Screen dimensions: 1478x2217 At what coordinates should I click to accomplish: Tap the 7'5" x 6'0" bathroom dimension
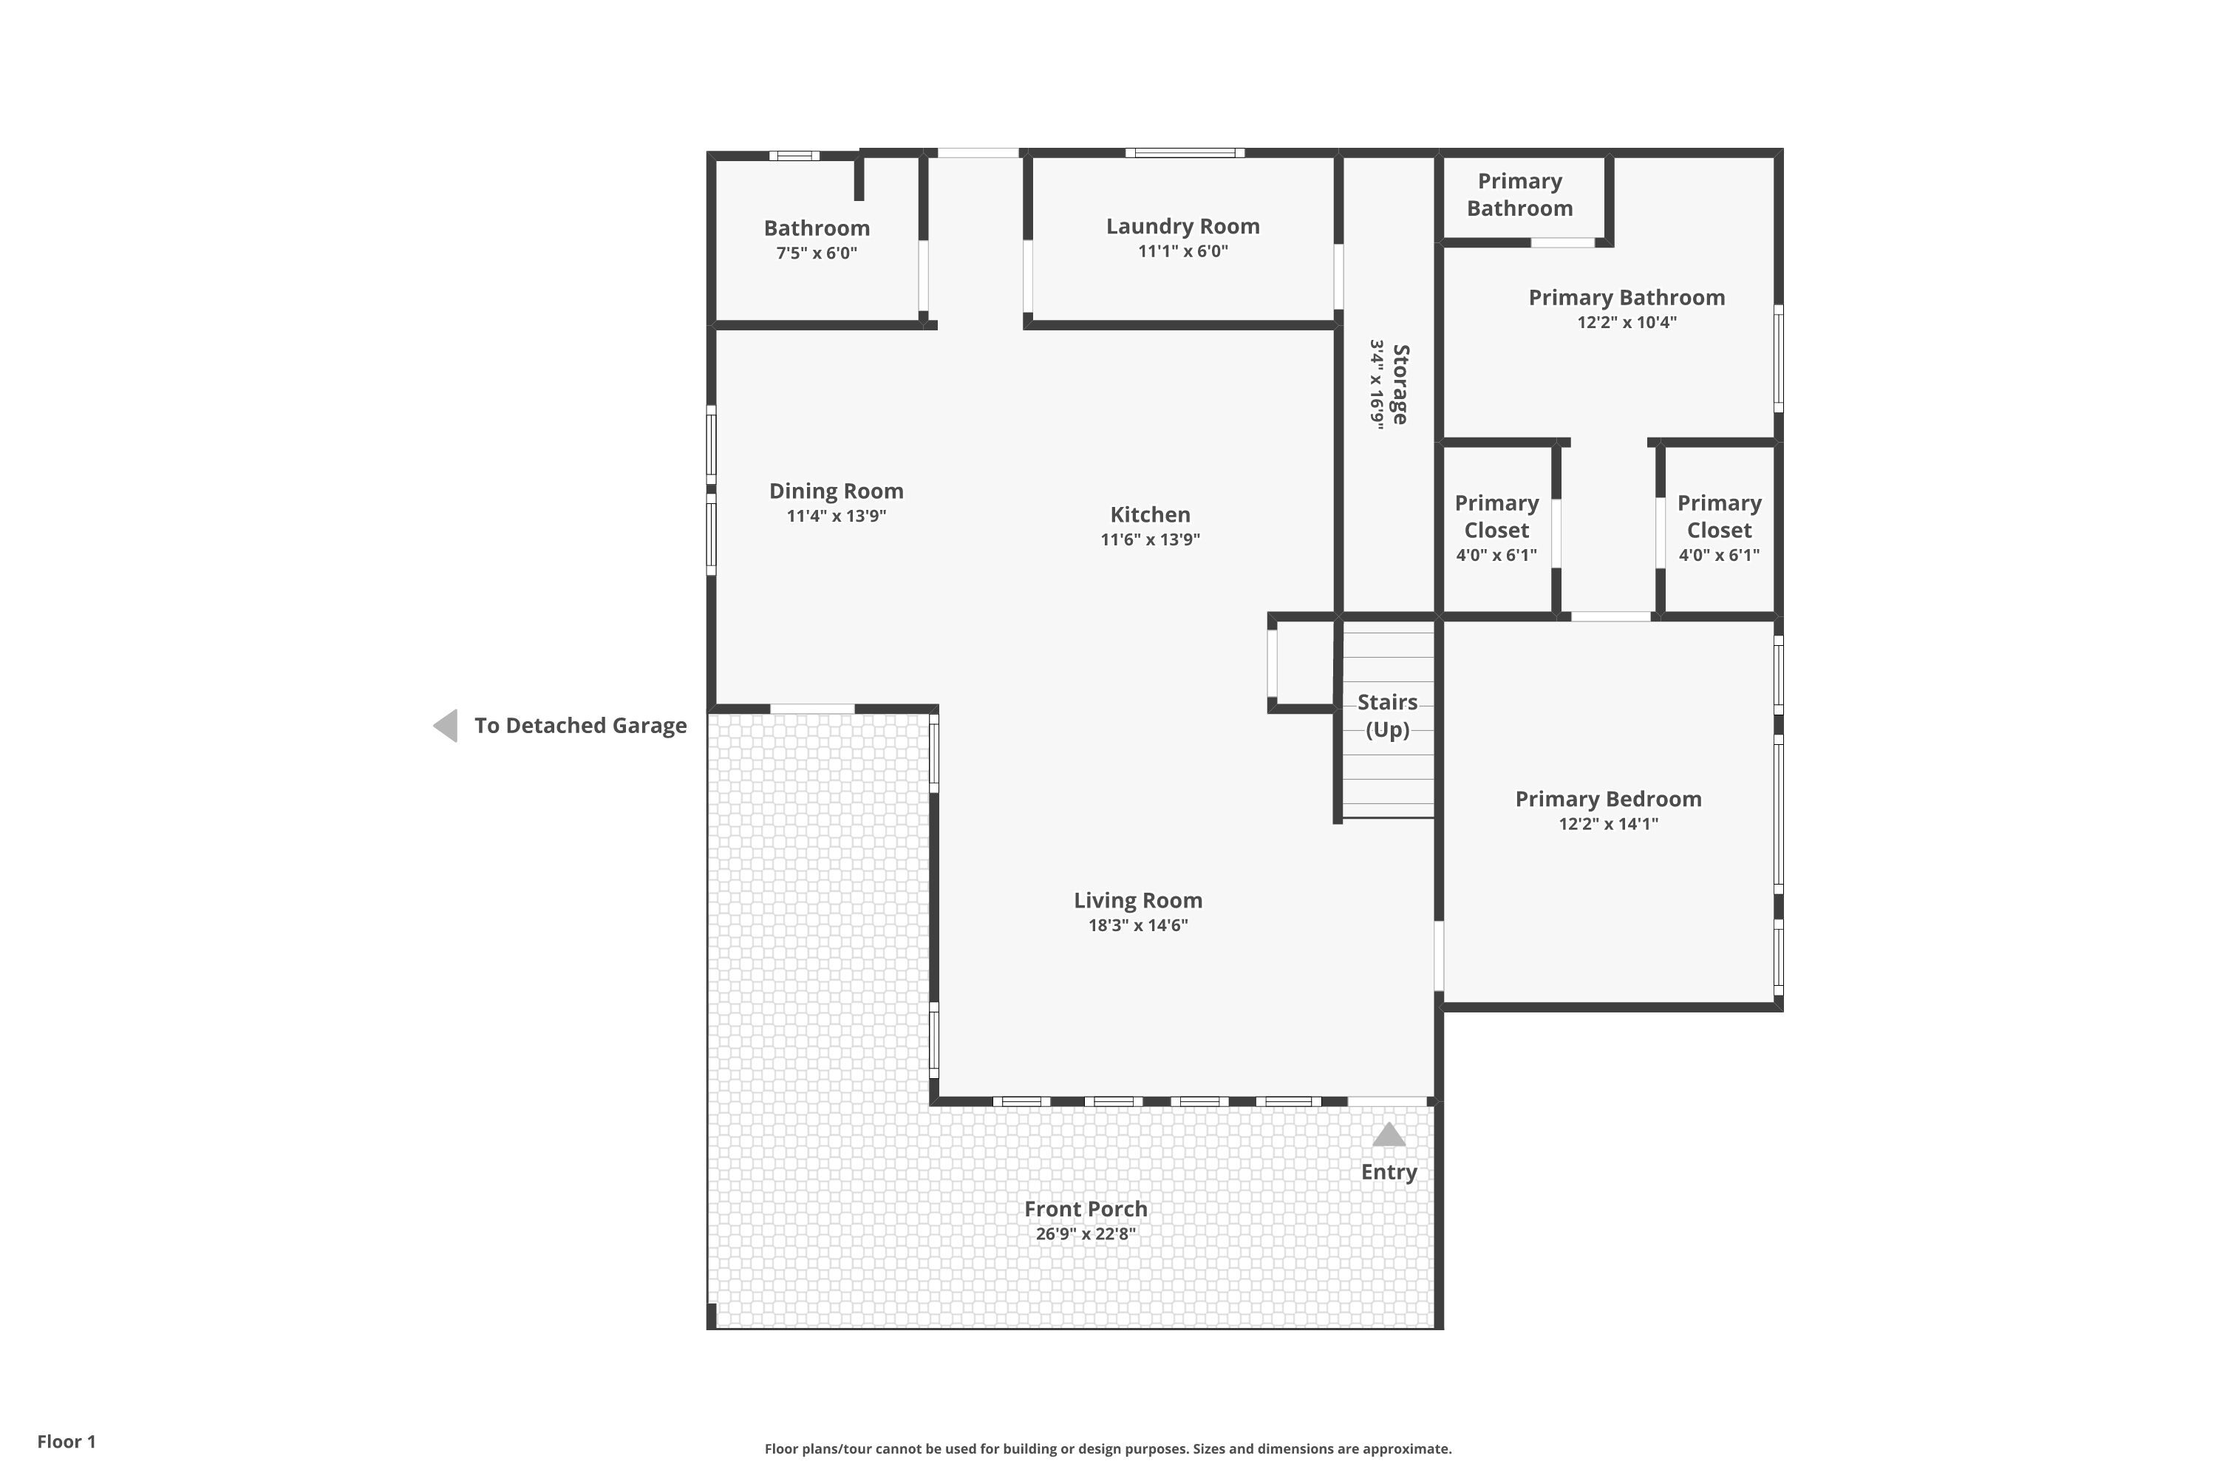click(x=817, y=253)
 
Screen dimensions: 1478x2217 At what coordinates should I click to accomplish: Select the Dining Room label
click(x=836, y=491)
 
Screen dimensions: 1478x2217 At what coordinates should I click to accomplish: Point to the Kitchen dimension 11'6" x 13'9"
click(x=1150, y=539)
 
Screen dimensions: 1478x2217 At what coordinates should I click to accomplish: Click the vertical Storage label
click(x=1400, y=384)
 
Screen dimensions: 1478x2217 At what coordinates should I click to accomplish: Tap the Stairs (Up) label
click(x=1388, y=715)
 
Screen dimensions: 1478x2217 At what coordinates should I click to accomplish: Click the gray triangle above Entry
click(x=1389, y=1135)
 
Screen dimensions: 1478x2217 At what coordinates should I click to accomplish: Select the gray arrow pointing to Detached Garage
click(x=446, y=726)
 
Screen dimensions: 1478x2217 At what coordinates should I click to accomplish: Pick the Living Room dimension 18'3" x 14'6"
click(x=1138, y=924)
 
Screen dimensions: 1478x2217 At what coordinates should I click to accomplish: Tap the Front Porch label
click(x=1086, y=1208)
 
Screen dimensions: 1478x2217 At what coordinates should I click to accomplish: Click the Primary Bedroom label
click(x=1608, y=800)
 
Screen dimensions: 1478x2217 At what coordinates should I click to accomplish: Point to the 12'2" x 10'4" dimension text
click(x=1627, y=322)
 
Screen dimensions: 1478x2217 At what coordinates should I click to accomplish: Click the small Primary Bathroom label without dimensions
click(x=1519, y=194)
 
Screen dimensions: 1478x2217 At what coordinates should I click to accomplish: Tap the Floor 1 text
click(x=66, y=1441)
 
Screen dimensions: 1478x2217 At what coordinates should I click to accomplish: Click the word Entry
click(x=1389, y=1171)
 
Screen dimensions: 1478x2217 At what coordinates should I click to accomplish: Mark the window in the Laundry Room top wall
click(x=1185, y=153)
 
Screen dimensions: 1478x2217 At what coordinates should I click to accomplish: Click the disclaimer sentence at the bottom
click(x=1108, y=1448)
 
